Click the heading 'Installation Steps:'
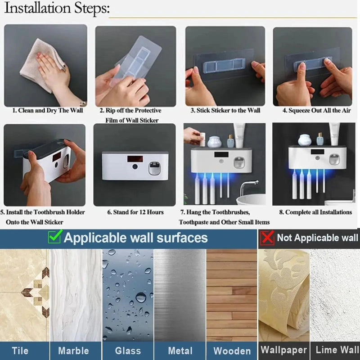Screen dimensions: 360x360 coord(57,8)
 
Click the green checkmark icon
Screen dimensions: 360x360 coord(55,237)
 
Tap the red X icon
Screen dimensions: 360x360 coord(267,238)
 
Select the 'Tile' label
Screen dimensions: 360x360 coord(20,351)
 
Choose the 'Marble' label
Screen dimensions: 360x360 coord(73,351)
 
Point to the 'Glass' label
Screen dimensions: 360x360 coord(128,351)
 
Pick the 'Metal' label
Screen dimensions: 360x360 coord(180,351)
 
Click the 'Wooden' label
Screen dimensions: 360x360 coord(232,351)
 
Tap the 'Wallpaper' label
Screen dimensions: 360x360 coord(284,350)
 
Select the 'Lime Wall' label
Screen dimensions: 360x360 coord(337,350)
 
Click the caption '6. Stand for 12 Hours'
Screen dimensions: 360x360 coord(135,212)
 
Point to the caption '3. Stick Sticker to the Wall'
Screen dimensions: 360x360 coord(225,110)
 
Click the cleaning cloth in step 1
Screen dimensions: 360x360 coord(40,65)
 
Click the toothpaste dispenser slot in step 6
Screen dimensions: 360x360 coord(154,168)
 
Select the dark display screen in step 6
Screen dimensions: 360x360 coord(135,159)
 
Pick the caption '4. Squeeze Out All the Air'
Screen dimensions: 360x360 coord(317,110)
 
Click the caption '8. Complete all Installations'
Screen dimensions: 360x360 coord(315,212)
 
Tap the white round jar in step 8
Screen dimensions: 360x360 coord(305,140)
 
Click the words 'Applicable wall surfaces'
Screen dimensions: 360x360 coord(136,238)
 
